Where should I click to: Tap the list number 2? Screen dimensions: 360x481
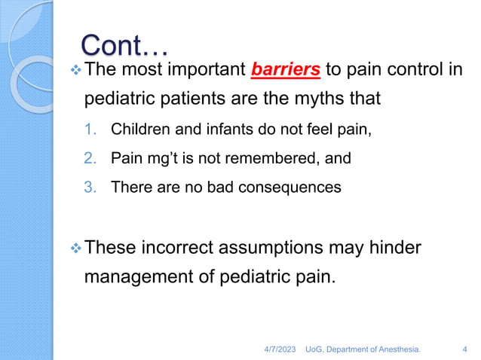coord(89,158)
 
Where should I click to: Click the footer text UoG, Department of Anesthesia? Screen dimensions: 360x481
coord(363,349)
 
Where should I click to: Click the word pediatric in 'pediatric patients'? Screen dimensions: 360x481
coord(118,99)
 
